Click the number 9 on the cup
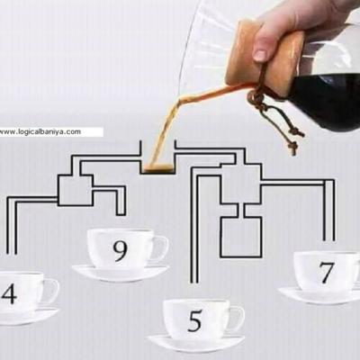point(121,249)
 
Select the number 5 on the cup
point(195,319)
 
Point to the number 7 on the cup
point(326,273)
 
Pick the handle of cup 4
point(50,290)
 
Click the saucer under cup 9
point(120,273)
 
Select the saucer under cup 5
point(195,343)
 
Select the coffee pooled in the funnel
point(157,166)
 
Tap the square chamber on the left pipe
point(74,189)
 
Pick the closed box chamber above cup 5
point(240,236)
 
